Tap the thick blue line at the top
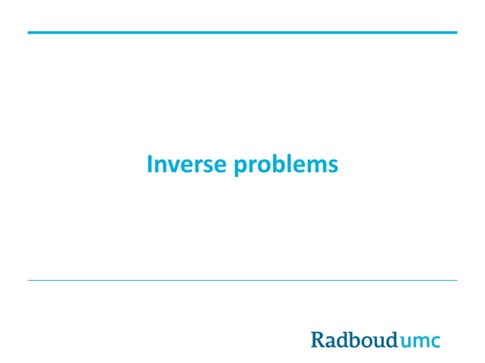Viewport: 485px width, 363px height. tap(242, 33)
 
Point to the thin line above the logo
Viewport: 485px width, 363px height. tap(242, 280)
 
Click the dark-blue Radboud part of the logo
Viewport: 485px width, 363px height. tap(354, 339)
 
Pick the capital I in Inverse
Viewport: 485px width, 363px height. tap(150, 164)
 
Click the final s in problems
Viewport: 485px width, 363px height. tap(332, 166)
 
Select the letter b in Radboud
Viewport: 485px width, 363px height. tap(354, 339)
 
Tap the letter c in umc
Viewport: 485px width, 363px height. tap(435, 342)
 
